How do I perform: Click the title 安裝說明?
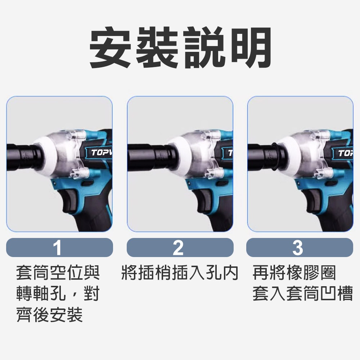click(x=180, y=49)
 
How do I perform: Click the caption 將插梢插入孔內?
click(x=180, y=273)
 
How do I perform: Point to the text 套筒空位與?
click(x=58, y=273)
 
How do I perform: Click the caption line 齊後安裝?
click(x=50, y=314)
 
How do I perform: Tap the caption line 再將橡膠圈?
click(x=294, y=273)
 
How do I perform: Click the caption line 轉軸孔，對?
click(x=58, y=294)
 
